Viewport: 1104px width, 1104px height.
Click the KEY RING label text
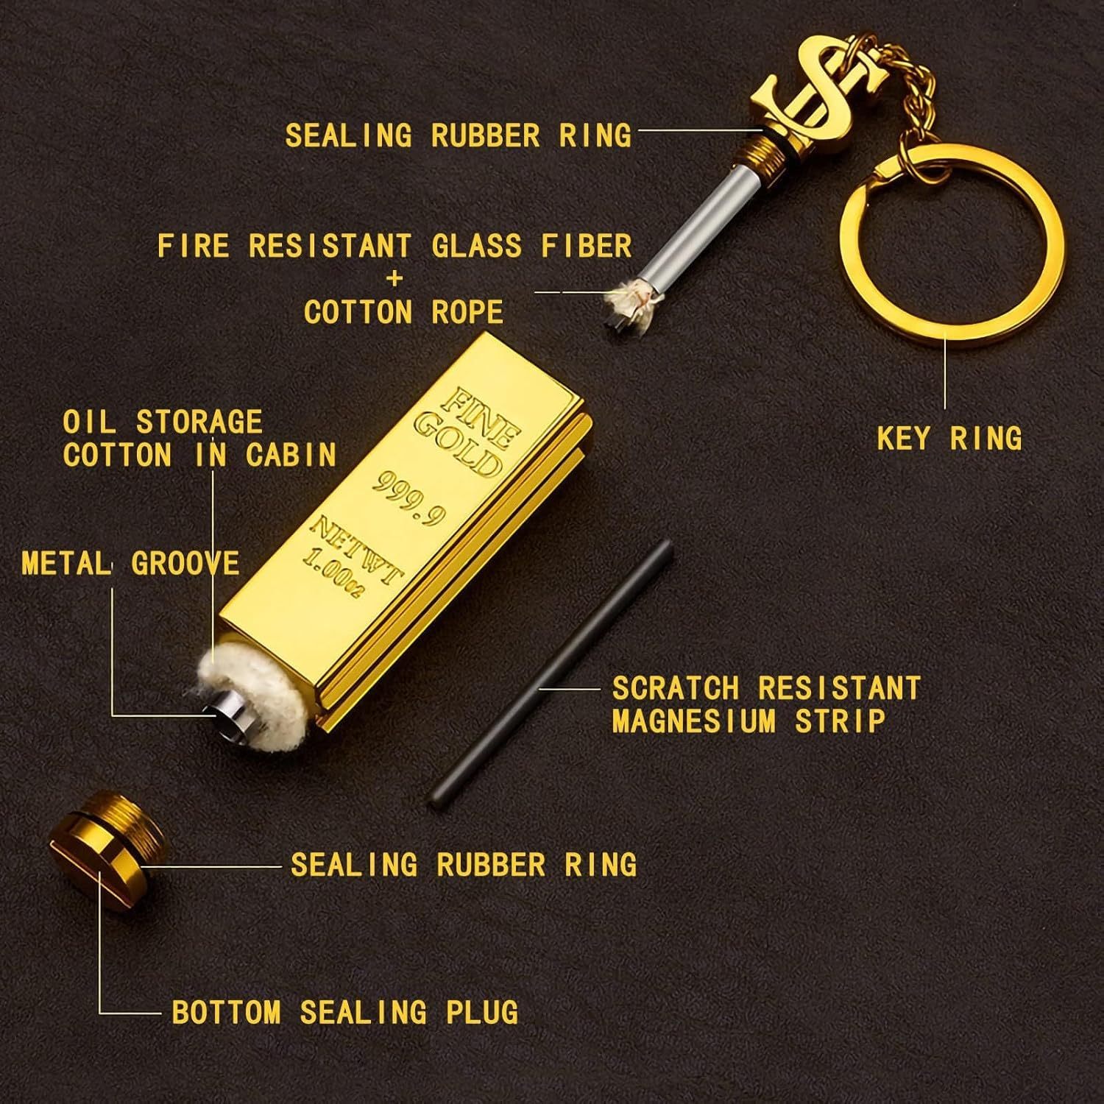[x=949, y=439]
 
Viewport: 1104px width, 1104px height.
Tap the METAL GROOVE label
[x=131, y=564]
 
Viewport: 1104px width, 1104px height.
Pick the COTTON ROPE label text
[x=403, y=312]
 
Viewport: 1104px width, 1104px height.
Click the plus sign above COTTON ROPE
[x=396, y=278]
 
